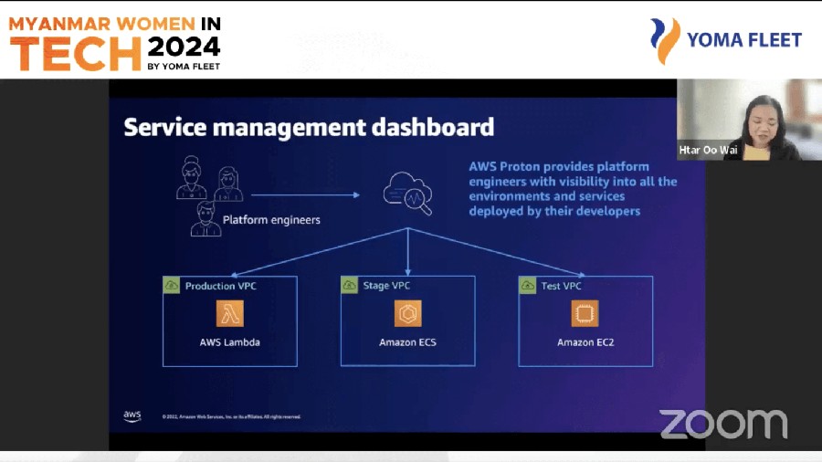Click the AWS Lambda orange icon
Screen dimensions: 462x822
[x=230, y=314]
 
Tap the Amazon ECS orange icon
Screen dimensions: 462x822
[x=408, y=314]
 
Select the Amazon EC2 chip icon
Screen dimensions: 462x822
[x=585, y=314]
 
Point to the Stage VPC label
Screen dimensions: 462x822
[x=388, y=286]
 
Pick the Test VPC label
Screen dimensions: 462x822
[x=561, y=286]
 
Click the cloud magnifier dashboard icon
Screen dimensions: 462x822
[x=408, y=193]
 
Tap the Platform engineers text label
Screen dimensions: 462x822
[x=271, y=220]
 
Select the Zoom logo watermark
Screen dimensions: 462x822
[x=723, y=424]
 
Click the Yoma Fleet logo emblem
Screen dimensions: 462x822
[x=665, y=40]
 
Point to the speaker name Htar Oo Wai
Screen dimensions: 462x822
[x=708, y=150]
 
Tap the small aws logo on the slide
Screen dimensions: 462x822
[x=132, y=416]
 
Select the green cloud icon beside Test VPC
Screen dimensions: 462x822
[x=528, y=286]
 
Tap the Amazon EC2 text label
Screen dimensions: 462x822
[x=585, y=343]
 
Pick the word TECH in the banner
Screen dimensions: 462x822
[x=76, y=55]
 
